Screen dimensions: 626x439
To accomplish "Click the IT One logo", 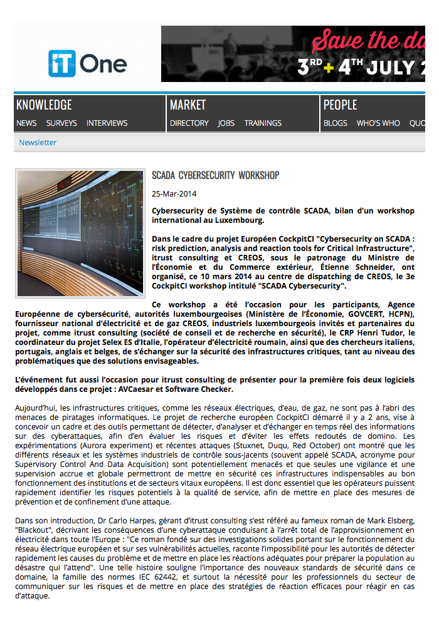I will point(87,63).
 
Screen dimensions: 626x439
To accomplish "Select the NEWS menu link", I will point(26,123).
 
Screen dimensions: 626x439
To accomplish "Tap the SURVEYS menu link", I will point(61,123).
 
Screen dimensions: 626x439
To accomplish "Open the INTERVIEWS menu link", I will point(107,123).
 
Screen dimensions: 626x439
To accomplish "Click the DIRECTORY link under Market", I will point(189,123).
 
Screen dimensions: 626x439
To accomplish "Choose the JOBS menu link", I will point(226,123).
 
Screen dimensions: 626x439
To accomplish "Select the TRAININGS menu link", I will point(263,123).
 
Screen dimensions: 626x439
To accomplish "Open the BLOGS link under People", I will point(335,123).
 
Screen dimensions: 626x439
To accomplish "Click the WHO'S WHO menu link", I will point(378,123).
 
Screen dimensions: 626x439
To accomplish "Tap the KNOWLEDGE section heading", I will point(44,105).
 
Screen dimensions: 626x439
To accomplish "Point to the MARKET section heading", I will point(188,105).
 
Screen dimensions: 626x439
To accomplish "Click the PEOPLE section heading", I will point(340,105).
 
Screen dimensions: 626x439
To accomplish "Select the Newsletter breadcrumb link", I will point(38,143).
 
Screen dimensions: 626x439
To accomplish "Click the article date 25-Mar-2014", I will point(174,194).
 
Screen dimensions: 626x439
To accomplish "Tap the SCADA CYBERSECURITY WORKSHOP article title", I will point(215,175).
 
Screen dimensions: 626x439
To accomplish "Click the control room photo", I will point(80,233).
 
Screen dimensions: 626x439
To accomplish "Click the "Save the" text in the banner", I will point(354,41).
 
